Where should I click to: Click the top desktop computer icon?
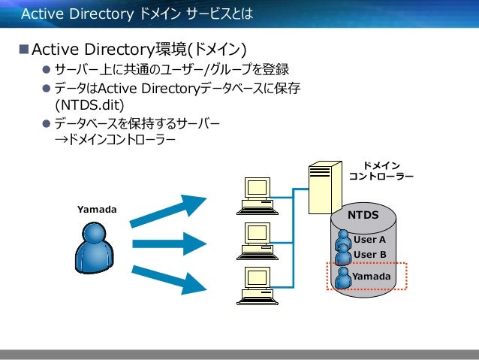click(x=255, y=194)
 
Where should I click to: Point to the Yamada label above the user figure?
click(x=97, y=208)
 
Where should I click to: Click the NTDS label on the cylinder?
click(x=363, y=216)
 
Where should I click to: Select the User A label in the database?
click(x=369, y=240)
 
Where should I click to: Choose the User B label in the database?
click(x=369, y=254)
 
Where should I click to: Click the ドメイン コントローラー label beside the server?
click(x=381, y=171)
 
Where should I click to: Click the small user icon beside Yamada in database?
click(x=344, y=277)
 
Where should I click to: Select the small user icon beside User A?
click(x=344, y=239)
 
